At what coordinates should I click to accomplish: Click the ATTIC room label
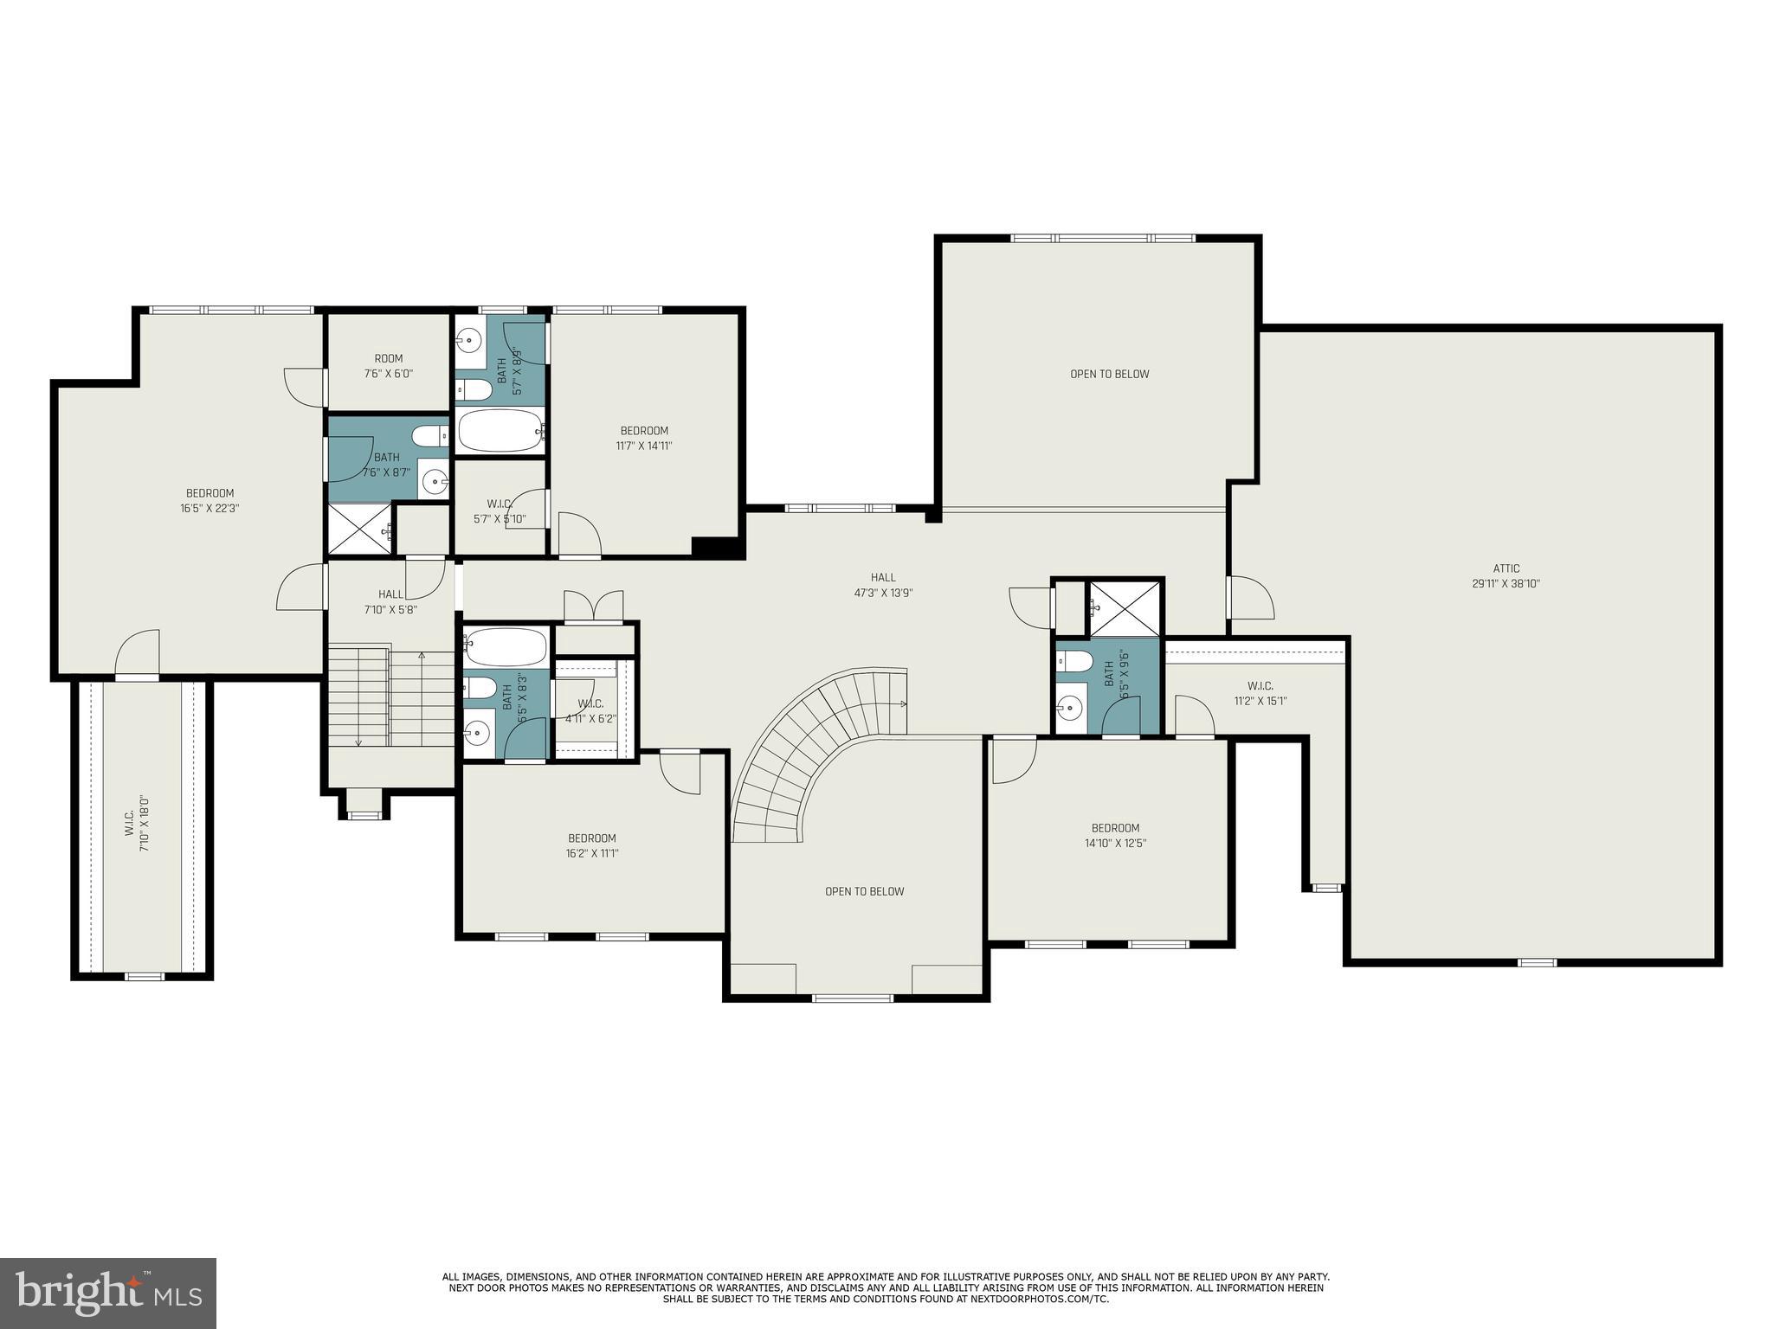click(1505, 575)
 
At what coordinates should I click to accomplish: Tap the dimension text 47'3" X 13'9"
click(883, 594)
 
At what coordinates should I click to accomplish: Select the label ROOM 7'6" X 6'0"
click(388, 366)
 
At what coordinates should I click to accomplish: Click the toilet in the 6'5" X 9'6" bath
click(1074, 661)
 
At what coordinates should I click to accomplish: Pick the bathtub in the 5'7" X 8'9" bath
click(500, 430)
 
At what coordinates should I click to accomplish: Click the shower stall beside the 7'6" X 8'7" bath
click(357, 528)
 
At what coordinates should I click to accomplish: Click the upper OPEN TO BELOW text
click(1109, 374)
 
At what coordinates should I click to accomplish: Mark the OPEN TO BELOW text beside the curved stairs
click(864, 891)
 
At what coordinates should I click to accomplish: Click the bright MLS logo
click(107, 1293)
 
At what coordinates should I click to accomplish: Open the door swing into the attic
click(1251, 597)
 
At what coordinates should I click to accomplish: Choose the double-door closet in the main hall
click(593, 607)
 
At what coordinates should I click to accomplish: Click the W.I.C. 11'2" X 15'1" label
click(1260, 693)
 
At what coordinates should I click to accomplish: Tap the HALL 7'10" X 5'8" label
click(390, 601)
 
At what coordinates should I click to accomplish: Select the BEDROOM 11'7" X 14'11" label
click(644, 438)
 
